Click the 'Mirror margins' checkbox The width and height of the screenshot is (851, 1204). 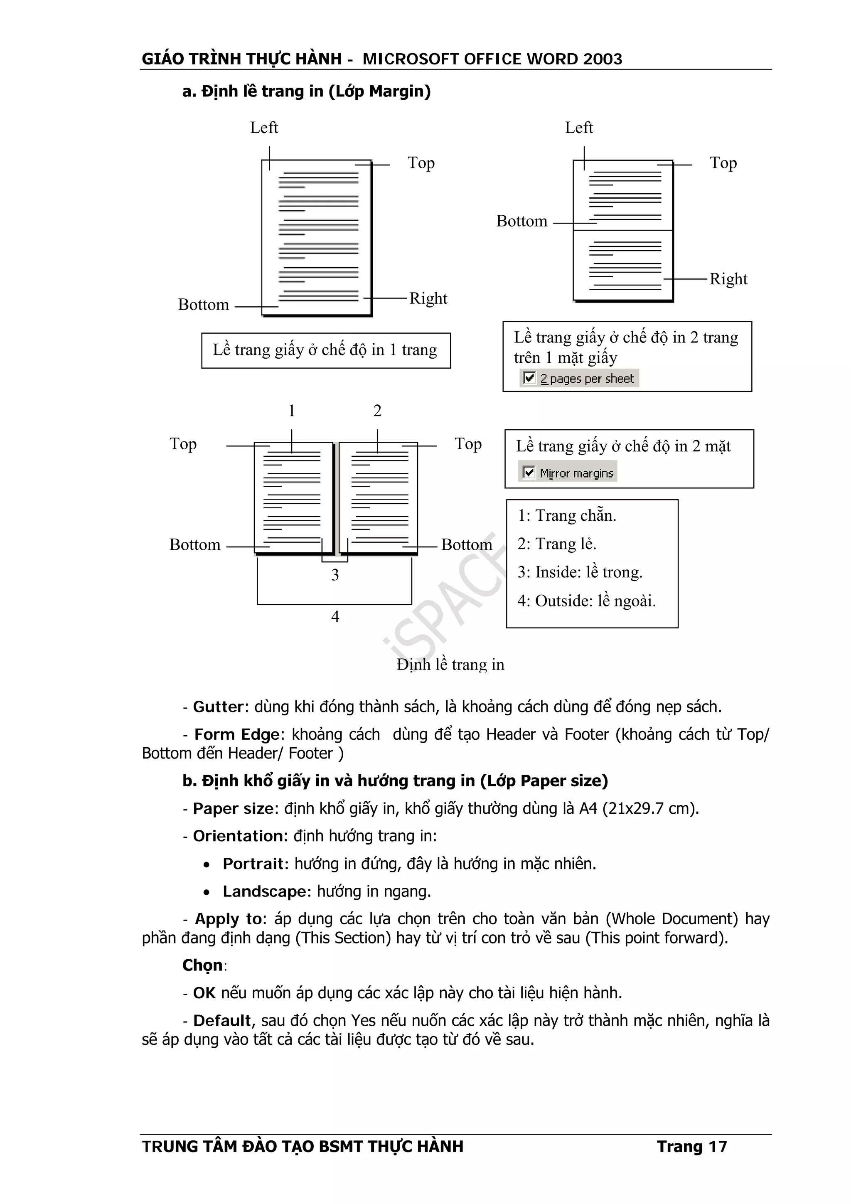coord(529,473)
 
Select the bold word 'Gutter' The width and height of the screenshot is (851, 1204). coord(218,707)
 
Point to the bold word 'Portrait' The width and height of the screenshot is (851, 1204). coord(255,864)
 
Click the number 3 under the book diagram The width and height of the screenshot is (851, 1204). coord(335,575)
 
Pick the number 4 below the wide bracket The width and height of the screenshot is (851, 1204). coord(335,617)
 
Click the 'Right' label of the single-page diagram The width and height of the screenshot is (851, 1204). coord(428,298)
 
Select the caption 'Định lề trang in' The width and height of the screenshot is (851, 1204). coord(450,665)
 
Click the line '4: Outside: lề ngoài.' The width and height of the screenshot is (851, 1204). coord(586,601)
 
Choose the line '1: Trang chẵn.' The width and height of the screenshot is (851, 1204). coord(566,515)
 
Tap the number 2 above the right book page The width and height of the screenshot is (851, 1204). coord(377,411)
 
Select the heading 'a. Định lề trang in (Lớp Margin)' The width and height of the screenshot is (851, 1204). coord(306,91)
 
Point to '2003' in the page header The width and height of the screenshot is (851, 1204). coord(603,59)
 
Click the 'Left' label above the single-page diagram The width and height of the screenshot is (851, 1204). coord(264,128)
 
